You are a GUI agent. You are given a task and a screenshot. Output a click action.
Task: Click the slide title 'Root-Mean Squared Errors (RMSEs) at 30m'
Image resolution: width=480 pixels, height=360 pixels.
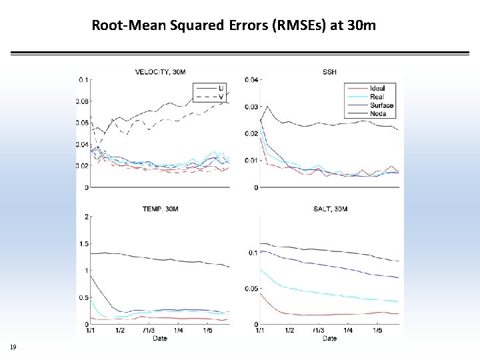point(233,26)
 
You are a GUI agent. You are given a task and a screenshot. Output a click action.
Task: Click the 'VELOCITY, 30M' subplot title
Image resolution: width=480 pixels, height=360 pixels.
point(160,72)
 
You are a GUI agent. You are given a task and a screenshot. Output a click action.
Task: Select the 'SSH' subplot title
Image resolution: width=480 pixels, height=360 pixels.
point(329,72)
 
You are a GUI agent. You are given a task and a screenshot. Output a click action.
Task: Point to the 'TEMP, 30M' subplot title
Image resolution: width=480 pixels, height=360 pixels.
point(160,209)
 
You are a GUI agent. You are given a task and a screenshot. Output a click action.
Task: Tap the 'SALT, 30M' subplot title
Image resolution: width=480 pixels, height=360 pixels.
point(329,209)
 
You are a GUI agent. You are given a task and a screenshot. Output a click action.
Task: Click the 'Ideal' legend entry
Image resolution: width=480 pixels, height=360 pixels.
point(377,88)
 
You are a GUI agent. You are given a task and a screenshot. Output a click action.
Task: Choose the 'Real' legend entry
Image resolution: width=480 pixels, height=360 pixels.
point(377,97)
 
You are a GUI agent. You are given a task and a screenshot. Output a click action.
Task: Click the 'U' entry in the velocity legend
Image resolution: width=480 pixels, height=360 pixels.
point(221,88)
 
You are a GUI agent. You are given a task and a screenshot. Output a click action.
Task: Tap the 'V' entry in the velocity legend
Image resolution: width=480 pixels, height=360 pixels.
point(221,97)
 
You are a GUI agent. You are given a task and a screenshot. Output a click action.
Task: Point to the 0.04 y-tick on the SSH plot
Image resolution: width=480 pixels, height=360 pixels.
point(251,80)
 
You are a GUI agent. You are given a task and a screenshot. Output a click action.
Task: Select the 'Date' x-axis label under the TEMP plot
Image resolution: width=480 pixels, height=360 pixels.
point(160,338)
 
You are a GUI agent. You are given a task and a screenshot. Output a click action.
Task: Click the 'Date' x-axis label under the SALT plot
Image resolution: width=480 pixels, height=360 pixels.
point(329,338)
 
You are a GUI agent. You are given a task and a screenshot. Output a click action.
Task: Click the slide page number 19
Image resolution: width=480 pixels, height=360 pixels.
point(13,347)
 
